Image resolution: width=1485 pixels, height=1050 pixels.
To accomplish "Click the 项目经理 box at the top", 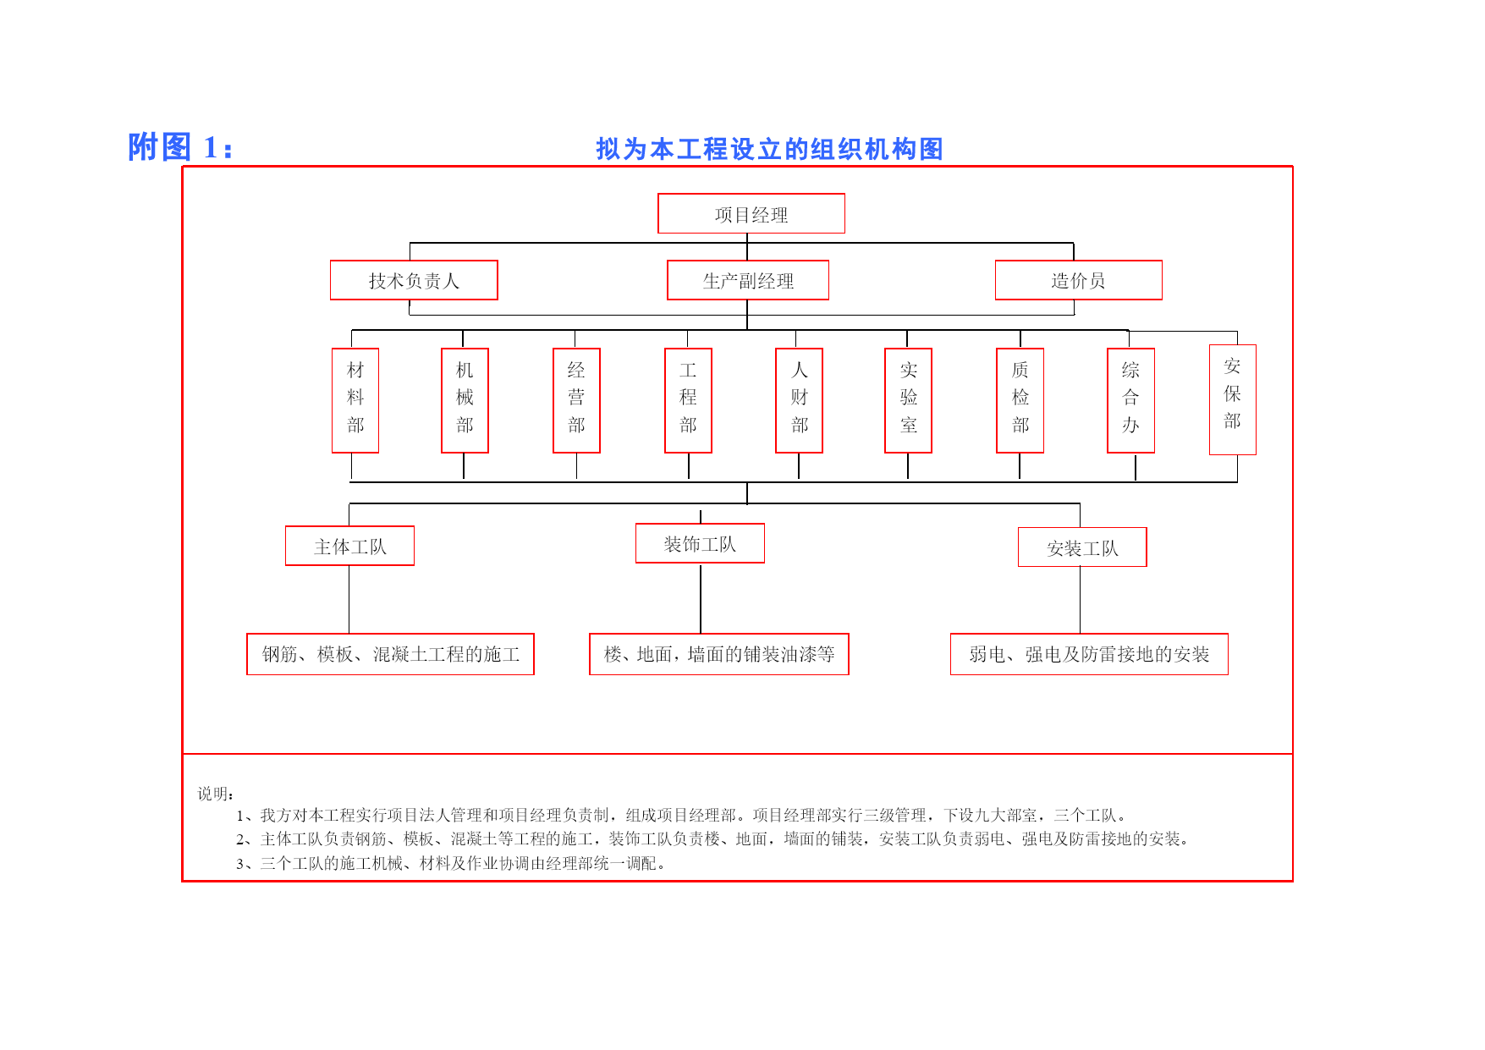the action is [751, 213].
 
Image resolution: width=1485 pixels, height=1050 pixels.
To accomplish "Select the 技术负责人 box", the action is [414, 280].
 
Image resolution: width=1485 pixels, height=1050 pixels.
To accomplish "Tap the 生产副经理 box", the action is [748, 280].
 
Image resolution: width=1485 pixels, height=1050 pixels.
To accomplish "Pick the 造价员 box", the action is [1079, 280].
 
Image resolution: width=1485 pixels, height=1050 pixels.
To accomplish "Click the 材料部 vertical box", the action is [355, 400].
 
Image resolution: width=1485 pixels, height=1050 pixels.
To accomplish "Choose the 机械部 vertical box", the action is [465, 400].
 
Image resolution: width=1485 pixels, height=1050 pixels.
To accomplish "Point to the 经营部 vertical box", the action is [576, 400].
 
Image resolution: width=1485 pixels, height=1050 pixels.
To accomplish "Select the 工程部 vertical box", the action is [688, 400].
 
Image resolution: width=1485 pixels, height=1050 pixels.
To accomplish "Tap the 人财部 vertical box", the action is [799, 400].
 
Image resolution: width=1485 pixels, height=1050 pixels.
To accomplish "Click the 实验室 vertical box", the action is [908, 400].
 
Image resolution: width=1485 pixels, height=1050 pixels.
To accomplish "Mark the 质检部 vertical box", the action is [1020, 400].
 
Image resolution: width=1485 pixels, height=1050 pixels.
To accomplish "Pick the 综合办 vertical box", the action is [1130, 400].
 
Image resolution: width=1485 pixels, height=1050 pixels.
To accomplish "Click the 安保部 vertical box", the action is [1233, 399].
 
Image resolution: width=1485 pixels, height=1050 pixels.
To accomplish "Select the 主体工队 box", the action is [349, 546].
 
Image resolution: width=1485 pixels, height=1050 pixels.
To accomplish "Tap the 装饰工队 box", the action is [700, 543].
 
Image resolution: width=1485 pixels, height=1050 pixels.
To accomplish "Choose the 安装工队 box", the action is [1082, 547].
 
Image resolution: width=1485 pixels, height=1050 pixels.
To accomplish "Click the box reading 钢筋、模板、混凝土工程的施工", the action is [390, 654].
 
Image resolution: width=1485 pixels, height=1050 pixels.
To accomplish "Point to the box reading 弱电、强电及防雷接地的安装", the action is [1089, 654].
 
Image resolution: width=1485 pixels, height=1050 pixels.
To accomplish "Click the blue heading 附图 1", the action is [180, 147].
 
